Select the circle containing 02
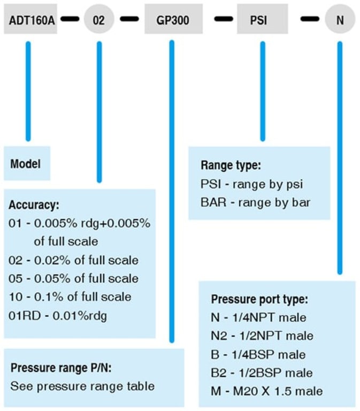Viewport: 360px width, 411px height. [x=99, y=20]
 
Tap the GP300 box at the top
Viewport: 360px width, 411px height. [x=173, y=20]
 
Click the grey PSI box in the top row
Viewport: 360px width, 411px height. [x=262, y=20]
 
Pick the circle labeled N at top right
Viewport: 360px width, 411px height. [x=340, y=20]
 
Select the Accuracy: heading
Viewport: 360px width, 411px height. [x=34, y=205]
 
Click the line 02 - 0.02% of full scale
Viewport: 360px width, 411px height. [x=74, y=261]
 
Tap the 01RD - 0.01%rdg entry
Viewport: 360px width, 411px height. [x=58, y=315]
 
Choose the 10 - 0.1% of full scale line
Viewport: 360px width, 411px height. [x=70, y=297]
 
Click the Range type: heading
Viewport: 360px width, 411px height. [x=231, y=166]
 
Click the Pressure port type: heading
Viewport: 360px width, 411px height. [x=259, y=299]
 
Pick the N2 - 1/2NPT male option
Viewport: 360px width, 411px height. [x=262, y=336]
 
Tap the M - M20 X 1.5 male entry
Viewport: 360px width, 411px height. [x=267, y=391]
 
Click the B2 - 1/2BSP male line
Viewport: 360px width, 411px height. [x=262, y=372]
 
